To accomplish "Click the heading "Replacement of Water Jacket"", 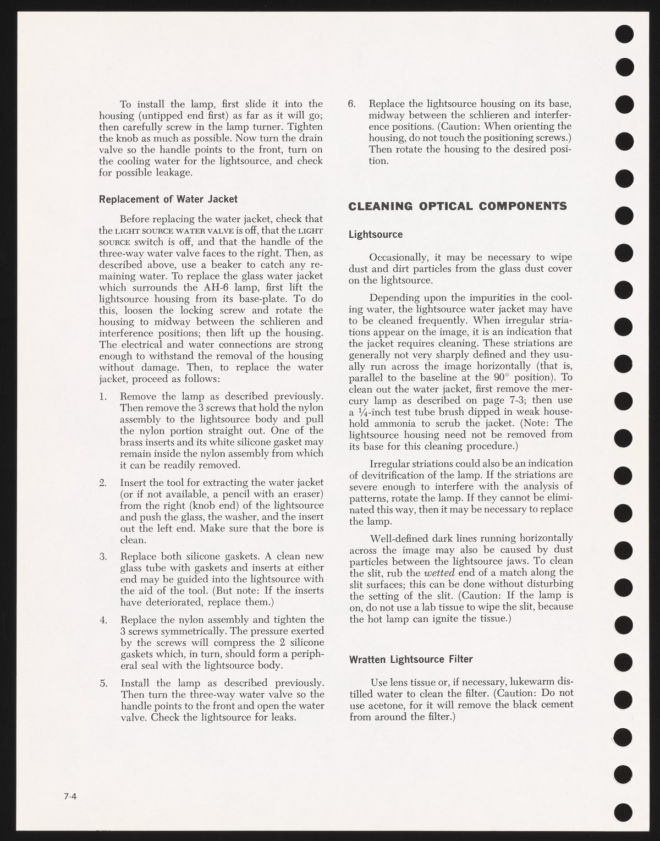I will pos(168,199).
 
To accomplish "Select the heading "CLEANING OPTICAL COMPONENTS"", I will pos(458,207).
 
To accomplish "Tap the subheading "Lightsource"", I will pos(376,234).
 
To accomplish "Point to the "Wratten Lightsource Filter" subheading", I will pos(411,659).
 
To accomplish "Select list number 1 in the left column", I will pos(103,396).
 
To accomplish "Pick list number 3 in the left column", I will pos(103,556).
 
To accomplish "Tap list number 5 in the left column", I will pos(103,683).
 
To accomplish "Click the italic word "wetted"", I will pos(439,572).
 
